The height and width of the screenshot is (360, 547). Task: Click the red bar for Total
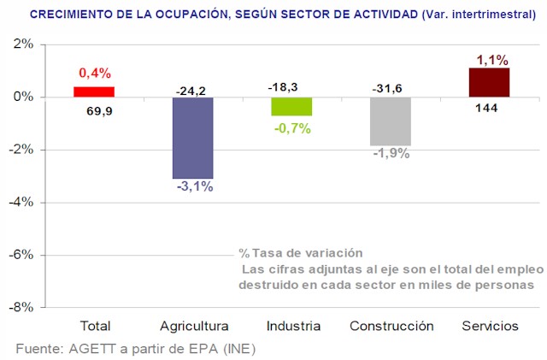click(x=94, y=91)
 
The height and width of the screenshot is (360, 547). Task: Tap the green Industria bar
click(x=292, y=106)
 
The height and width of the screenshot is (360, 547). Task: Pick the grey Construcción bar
click(x=391, y=121)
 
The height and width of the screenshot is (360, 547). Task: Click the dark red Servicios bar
click(x=489, y=82)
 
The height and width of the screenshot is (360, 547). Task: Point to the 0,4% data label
click(x=95, y=74)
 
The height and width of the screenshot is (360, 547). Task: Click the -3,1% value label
click(x=195, y=186)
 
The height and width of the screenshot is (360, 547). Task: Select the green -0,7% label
click(x=292, y=128)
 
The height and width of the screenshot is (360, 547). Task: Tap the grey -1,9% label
click(x=391, y=154)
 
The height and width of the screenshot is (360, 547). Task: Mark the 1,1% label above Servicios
click(x=491, y=60)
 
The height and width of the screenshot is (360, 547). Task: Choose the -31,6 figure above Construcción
click(x=390, y=88)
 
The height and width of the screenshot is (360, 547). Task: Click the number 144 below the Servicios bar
click(x=486, y=108)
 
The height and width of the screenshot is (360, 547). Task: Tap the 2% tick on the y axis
click(x=22, y=44)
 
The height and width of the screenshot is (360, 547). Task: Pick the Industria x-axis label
click(x=293, y=326)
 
